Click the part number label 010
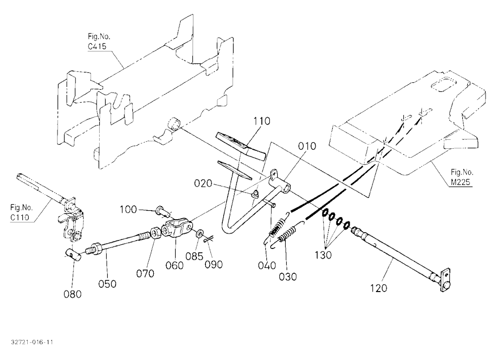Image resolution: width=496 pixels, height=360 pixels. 307,146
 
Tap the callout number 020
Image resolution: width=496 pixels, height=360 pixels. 203,183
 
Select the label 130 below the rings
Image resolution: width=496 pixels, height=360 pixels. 323,255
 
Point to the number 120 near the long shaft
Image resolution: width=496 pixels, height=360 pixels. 378,288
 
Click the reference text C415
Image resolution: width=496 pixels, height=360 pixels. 97,47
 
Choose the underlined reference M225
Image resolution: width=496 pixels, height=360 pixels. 460,182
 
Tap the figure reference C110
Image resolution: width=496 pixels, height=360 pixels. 20,217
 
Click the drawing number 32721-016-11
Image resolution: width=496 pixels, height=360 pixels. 32,342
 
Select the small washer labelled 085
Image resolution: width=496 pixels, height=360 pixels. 200,235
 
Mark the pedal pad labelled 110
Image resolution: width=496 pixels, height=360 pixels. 241,146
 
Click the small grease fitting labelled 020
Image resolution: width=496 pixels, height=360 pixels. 255,193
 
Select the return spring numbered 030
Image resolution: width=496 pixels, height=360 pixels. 287,234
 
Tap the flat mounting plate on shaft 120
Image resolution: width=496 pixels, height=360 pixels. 445,281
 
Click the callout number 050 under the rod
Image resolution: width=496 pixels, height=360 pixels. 107,284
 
